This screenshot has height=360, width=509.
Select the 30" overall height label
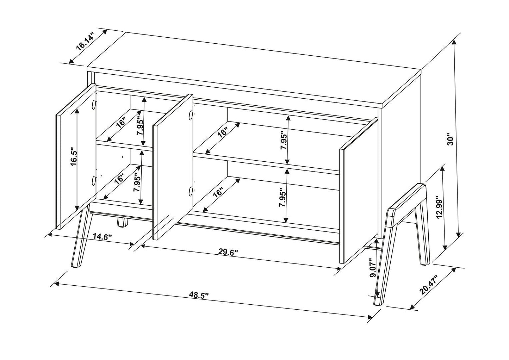tap(449, 139)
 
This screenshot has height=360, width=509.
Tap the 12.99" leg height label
tap(438, 207)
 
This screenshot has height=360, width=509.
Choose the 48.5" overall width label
tap(202, 296)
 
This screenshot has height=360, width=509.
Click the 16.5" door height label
tap(73, 159)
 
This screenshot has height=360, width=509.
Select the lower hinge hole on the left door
tap(94, 181)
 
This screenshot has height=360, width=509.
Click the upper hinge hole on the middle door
tap(190, 114)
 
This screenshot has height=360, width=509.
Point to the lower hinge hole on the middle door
tap(190, 191)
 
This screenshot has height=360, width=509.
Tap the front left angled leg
tap(80, 240)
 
